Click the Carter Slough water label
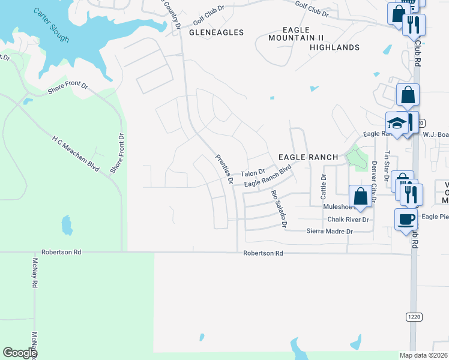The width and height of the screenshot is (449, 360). click(x=52, y=25)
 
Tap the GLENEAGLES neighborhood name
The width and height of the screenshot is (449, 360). click(x=216, y=32)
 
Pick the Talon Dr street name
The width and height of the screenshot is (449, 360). click(x=253, y=173)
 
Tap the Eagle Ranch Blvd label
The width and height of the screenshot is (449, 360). click(x=271, y=178)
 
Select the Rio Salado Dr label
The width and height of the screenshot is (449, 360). click(x=279, y=209)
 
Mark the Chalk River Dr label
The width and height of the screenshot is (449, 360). click(x=348, y=220)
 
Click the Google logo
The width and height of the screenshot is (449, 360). click(x=20, y=352)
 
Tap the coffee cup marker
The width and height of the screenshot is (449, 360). click(x=406, y=219)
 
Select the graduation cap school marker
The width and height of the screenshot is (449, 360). click(x=397, y=123)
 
